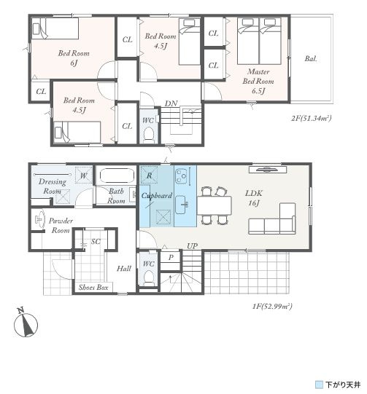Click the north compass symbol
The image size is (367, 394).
click(x=26, y=324)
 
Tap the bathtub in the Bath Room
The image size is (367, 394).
click(x=116, y=175)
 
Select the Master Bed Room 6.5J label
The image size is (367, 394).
click(x=258, y=81)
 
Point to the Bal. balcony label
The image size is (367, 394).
click(x=311, y=58)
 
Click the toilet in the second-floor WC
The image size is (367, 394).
click(x=149, y=134)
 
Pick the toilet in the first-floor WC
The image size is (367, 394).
click(x=149, y=277)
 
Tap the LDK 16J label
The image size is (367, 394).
click(x=254, y=198)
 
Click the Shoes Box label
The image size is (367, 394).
click(x=93, y=287)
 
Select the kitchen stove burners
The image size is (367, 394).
click(x=181, y=176)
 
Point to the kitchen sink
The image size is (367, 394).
click(x=181, y=205)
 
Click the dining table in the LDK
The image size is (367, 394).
click(x=215, y=205)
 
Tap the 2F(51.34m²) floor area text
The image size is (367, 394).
click(x=311, y=118)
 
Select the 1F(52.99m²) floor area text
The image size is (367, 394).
click(x=272, y=307)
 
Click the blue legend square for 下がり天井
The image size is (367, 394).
click(x=319, y=385)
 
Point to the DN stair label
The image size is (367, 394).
click(x=171, y=103)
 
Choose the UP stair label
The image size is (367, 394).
click(x=192, y=246)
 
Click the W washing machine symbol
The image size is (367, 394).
click(x=84, y=175)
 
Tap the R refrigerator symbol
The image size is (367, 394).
click(x=150, y=175)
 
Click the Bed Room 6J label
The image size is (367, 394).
click(x=74, y=58)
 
